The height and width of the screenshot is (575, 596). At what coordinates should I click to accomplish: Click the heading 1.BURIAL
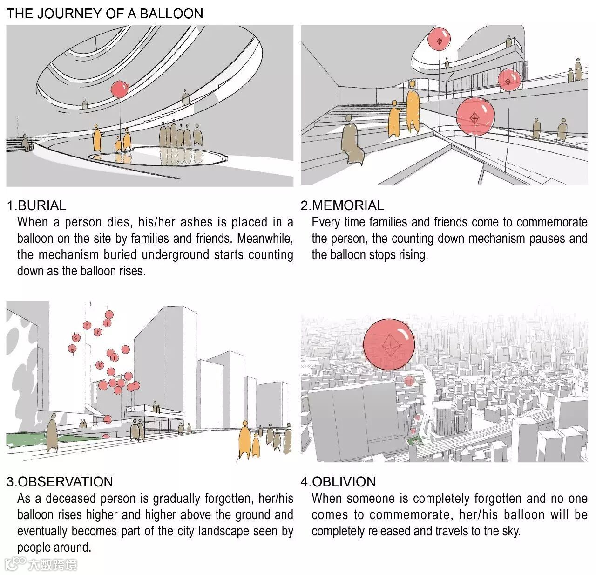tap(36, 205)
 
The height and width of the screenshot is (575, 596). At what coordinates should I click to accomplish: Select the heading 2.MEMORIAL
tap(342, 205)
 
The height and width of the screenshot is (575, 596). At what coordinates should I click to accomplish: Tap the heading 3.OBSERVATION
tap(60, 482)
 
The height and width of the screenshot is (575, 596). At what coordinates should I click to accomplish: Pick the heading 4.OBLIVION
tap(338, 482)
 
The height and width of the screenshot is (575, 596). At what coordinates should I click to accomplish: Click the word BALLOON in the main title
tap(171, 14)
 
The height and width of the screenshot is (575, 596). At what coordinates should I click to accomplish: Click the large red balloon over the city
tap(389, 344)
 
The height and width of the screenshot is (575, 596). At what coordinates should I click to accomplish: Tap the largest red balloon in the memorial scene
tap(475, 116)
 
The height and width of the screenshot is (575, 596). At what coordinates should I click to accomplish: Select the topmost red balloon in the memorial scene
tap(439, 39)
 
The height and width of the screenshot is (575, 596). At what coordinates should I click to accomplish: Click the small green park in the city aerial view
tap(414, 441)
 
